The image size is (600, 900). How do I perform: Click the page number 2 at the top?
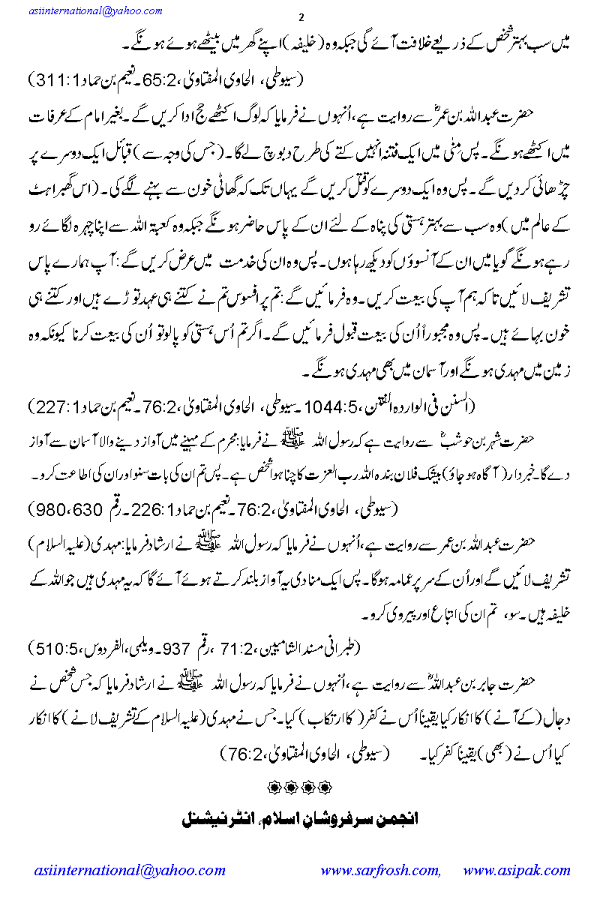[x=299, y=17]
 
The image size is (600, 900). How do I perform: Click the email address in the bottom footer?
[x=129, y=871]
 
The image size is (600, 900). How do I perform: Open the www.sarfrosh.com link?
[x=380, y=871]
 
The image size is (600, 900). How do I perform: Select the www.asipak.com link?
[x=517, y=871]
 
